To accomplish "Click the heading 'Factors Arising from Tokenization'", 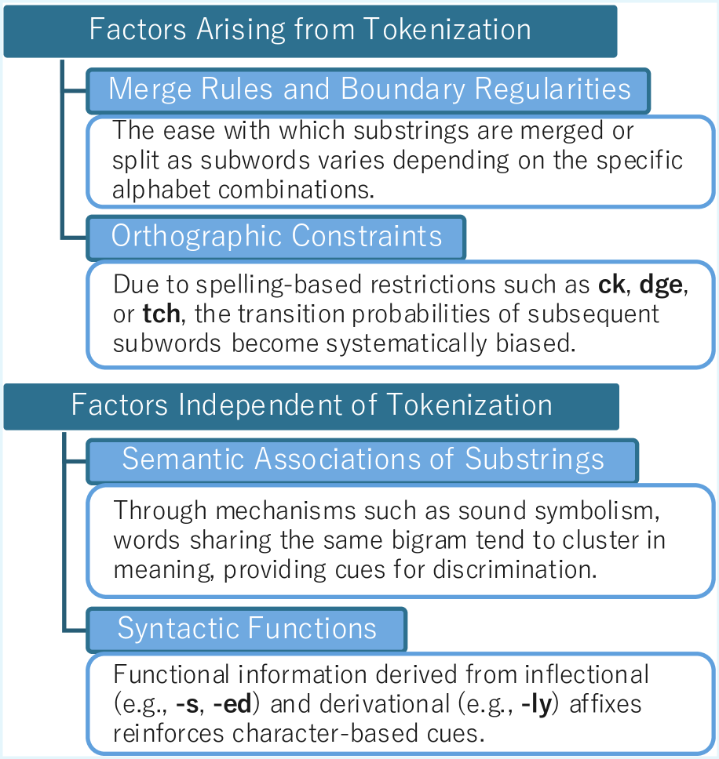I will [x=310, y=30].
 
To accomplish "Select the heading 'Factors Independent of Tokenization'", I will [x=312, y=405].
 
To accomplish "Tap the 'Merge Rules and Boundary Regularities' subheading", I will [x=369, y=89].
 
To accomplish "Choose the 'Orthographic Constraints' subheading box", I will [x=276, y=237].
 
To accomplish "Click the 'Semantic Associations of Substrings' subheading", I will [x=363, y=459].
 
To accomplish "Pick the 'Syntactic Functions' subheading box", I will [x=246, y=628].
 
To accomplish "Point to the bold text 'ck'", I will [x=611, y=285].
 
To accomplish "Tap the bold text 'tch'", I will [x=161, y=314].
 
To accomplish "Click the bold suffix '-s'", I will [x=187, y=704].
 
